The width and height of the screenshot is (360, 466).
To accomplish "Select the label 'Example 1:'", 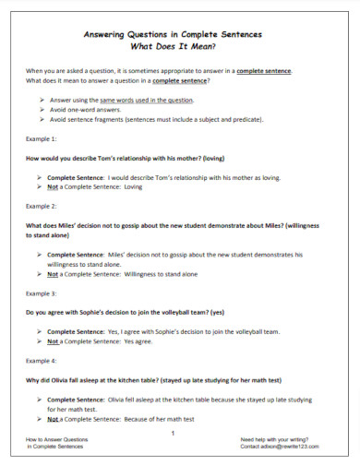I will click(41, 138).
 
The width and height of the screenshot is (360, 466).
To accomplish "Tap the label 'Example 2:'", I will click(41, 206).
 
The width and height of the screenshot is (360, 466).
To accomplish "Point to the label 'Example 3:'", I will click(41, 293).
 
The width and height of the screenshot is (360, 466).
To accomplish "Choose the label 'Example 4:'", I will click(41, 360).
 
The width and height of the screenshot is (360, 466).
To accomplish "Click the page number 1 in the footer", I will click(173, 433).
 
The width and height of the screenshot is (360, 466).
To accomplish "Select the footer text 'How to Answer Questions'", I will click(57, 438).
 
